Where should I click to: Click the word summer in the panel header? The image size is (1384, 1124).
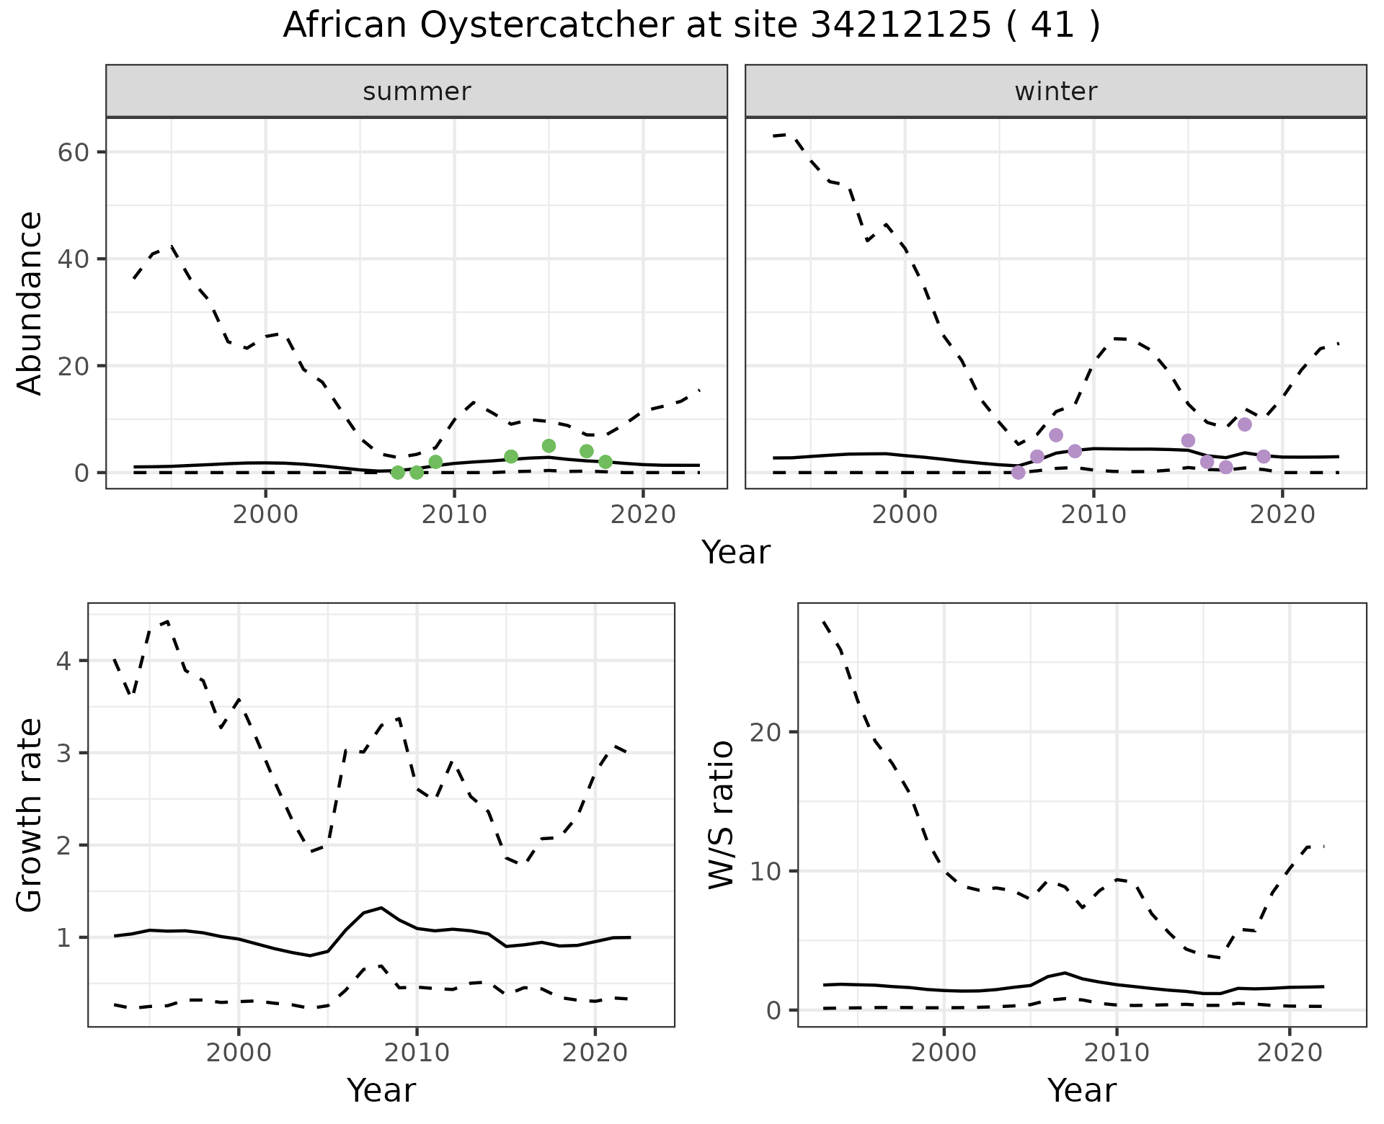[417, 92]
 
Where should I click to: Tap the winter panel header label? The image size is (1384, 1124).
[1055, 92]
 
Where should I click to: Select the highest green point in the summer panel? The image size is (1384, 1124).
[549, 446]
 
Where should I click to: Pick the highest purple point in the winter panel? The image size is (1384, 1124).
[1245, 424]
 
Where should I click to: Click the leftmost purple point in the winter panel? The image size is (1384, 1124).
[1018, 473]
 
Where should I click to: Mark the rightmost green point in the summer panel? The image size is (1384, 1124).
[605, 462]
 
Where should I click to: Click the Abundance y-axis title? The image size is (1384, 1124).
[30, 303]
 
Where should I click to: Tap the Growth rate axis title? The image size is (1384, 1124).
[30, 815]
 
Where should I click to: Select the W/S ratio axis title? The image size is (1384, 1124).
[722, 815]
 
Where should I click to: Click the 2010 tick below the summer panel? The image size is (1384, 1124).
[454, 514]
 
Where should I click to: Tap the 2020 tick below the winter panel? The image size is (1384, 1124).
[1282, 514]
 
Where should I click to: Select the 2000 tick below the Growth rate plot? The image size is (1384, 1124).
[239, 1053]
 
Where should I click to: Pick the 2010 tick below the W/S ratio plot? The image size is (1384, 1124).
[1117, 1053]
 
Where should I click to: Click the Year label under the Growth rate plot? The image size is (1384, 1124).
[381, 1090]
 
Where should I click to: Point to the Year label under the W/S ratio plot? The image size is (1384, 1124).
[1082, 1090]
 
